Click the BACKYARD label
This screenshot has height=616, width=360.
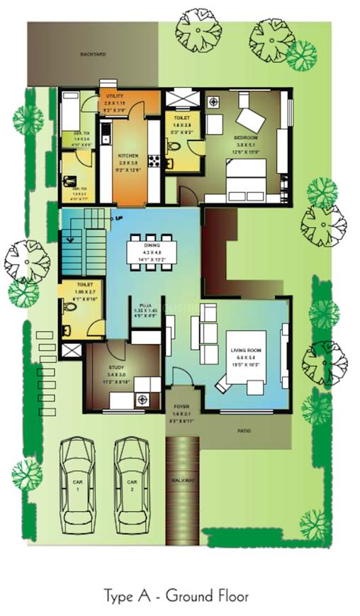(93, 54)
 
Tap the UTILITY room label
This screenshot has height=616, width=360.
(115, 95)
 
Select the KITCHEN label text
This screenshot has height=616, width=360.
(128, 156)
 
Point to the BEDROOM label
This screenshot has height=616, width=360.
(246, 137)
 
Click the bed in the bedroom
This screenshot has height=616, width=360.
(245, 179)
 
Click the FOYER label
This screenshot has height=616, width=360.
(182, 406)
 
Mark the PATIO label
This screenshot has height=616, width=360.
(244, 430)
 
